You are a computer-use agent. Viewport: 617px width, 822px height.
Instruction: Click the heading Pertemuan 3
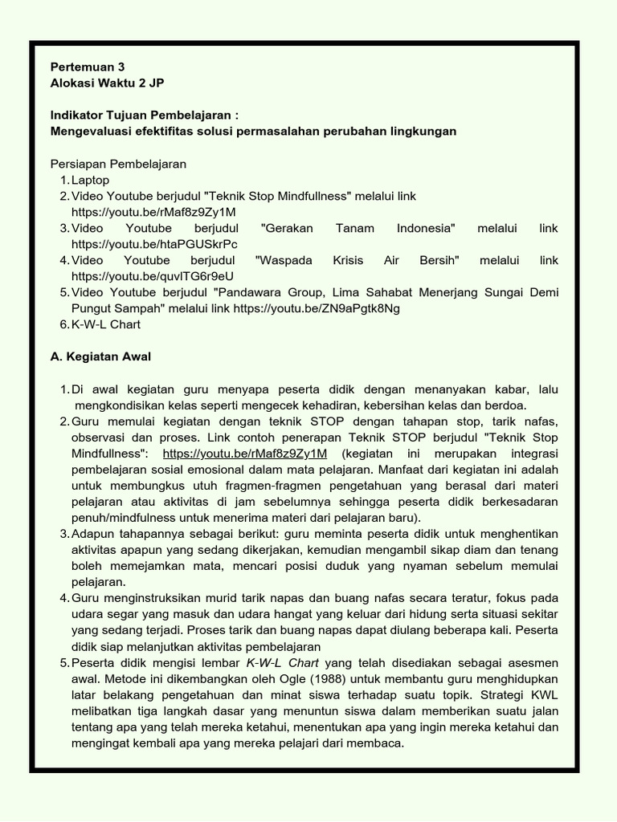click(88, 67)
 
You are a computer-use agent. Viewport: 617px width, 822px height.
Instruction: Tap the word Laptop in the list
click(90, 180)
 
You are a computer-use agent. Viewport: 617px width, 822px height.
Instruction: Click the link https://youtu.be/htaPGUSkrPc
click(154, 244)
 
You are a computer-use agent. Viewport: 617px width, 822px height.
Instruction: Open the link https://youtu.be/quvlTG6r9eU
click(153, 276)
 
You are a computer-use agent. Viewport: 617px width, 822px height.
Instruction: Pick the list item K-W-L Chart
click(105, 324)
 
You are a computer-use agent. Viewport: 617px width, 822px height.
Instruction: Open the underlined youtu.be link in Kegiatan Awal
click(244, 454)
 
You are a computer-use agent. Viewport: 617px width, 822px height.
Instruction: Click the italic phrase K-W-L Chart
click(282, 663)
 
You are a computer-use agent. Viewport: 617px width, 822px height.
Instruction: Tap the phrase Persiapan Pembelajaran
click(118, 164)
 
